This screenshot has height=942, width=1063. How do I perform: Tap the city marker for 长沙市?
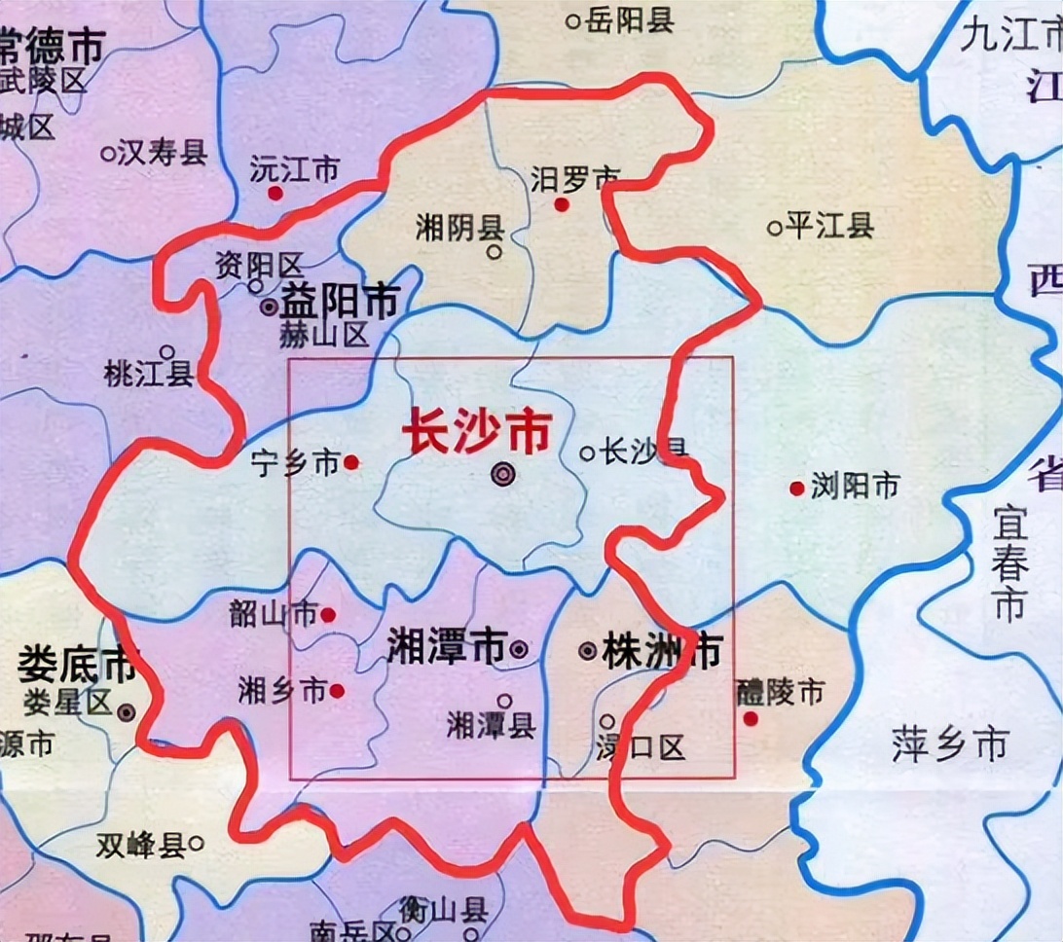point(502,474)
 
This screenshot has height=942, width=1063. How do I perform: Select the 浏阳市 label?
point(854,486)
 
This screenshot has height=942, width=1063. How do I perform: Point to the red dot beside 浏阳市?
point(797,488)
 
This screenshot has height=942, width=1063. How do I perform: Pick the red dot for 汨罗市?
point(561,204)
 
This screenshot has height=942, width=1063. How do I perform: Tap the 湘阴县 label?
point(459,229)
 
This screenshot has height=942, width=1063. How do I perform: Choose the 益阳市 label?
point(340,303)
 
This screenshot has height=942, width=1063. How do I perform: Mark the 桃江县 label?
point(149,374)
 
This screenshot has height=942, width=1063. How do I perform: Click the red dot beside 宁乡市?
point(351,463)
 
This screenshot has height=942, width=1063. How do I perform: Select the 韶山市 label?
point(274,614)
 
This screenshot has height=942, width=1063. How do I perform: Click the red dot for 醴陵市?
point(751,718)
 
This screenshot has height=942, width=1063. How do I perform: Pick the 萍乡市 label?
point(949,746)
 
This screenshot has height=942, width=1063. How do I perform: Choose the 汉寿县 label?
point(162,153)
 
